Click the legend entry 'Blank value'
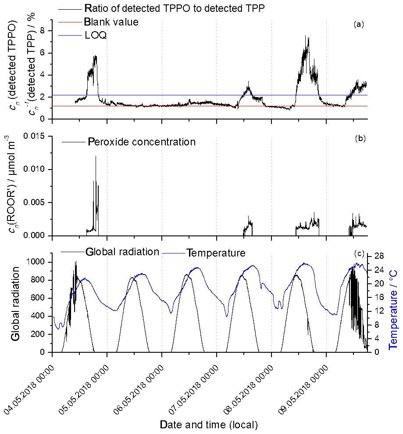coord(111,22)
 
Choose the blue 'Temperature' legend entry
coord(216,253)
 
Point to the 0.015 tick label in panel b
coord(35,136)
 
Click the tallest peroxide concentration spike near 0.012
coord(96,156)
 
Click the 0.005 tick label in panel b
coord(35,203)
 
